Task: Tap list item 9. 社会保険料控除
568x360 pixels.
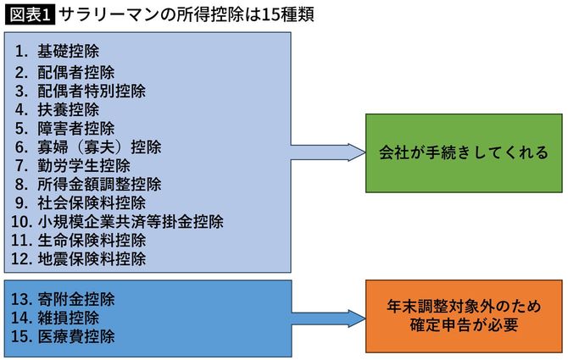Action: (x=86, y=202)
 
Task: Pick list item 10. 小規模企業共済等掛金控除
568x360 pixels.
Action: (x=118, y=221)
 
